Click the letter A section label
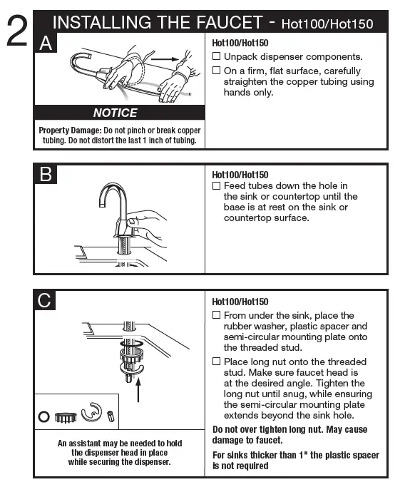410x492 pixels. point(46,43)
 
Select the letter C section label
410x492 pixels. point(46,301)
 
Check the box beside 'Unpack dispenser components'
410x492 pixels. point(217,56)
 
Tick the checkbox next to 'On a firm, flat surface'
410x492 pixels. point(217,71)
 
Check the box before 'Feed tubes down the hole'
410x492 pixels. point(217,186)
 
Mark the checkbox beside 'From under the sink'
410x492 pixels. point(217,315)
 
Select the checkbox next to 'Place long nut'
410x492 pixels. point(217,362)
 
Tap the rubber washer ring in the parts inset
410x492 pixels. point(44,414)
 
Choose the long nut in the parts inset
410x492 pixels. point(111,415)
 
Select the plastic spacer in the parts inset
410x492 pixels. point(66,414)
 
